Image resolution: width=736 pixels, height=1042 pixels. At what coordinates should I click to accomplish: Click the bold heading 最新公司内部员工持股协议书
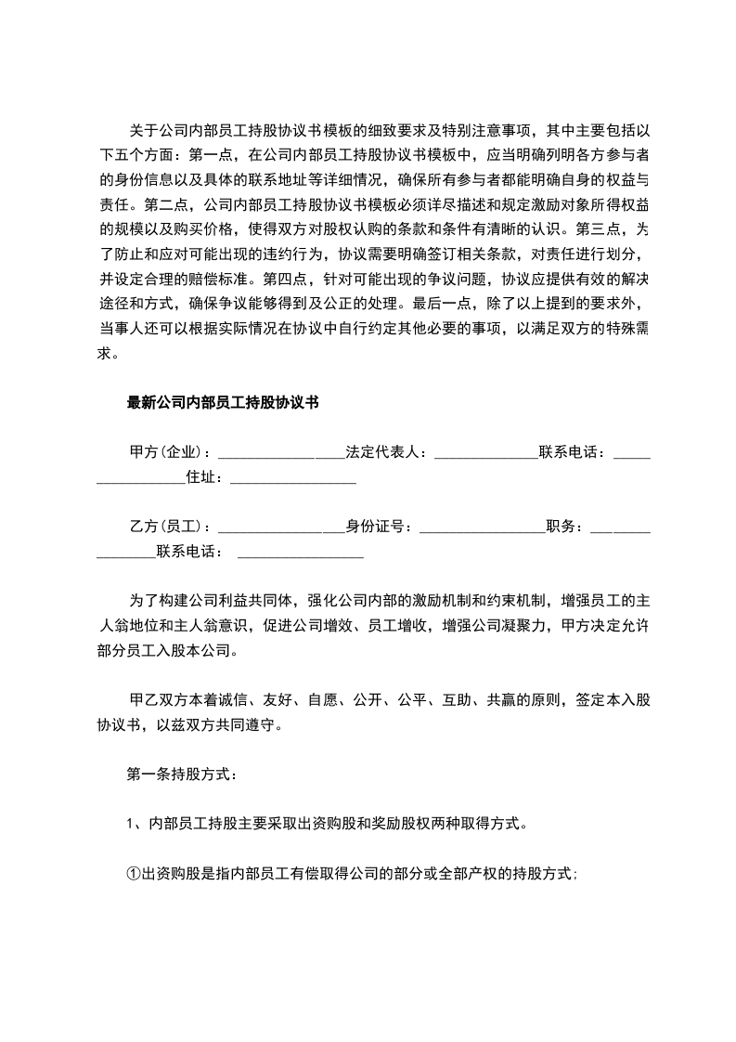pos(223,402)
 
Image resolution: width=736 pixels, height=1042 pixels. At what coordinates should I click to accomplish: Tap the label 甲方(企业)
pos(169,453)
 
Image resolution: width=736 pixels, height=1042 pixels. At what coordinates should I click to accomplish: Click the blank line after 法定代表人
pos(485,455)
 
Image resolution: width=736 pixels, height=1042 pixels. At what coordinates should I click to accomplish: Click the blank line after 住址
pos(292,480)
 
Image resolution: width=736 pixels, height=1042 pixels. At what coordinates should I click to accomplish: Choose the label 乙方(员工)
pos(169,528)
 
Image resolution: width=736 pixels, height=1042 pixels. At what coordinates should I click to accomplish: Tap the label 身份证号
pos(379,528)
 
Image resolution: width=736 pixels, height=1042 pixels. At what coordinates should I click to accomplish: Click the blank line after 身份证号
pos(482,529)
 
